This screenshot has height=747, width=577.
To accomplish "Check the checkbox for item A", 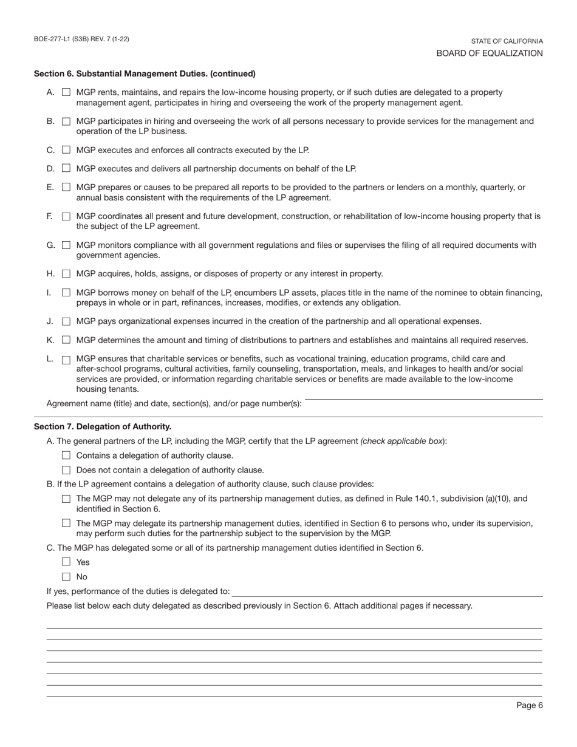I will [x=66, y=92].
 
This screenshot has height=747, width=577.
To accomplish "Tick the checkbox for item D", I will [x=66, y=168].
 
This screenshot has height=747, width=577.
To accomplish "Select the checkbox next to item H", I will [x=66, y=274].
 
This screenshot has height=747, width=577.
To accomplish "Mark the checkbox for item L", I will [x=66, y=360].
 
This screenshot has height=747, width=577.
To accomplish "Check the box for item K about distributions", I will [x=66, y=340].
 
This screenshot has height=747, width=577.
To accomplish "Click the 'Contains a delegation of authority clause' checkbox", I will [x=66, y=455].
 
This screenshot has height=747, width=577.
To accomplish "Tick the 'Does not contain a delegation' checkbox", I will [x=66, y=470].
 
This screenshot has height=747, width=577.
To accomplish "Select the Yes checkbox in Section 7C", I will [x=66, y=562].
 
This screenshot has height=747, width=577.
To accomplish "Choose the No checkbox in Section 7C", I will [x=66, y=577].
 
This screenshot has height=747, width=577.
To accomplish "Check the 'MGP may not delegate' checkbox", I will [x=66, y=499].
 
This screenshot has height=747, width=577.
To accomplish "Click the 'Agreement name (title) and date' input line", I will [x=423, y=403].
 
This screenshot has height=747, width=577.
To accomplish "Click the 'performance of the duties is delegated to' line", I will [x=387, y=592].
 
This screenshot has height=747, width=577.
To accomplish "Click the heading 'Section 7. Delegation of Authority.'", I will [x=103, y=427].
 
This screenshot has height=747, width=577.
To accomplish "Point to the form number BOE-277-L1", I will [x=81, y=39].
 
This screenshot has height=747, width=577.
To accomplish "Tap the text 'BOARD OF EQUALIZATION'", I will [x=490, y=53].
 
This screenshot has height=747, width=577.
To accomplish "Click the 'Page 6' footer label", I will [x=530, y=705].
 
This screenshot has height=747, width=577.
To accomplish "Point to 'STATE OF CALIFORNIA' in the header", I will [x=507, y=41].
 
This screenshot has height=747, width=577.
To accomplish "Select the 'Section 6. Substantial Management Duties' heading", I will [x=145, y=74].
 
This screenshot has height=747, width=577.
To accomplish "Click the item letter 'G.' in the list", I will [x=51, y=245].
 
